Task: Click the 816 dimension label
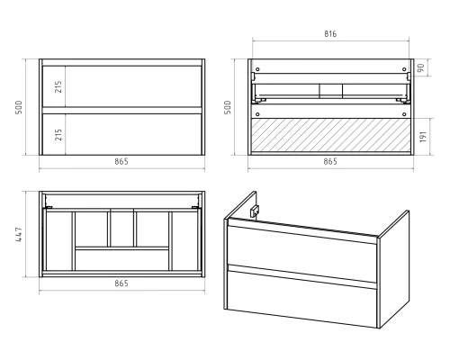[330, 34]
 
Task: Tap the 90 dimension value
[421, 67]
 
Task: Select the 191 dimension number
[423, 137]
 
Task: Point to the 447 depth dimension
[19, 235]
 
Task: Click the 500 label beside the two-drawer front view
[19, 107]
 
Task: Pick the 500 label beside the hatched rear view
[228, 107]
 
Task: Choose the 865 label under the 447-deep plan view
[121, 283]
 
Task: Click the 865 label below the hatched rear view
[330, 161]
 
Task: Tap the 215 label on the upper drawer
[58, 86]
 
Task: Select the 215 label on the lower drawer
[58, 135]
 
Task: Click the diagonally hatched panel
[330, 135]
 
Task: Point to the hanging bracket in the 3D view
[255, 211]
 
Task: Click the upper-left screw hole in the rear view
[257, 69]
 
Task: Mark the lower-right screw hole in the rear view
[404, 114]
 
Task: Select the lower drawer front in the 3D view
[302, 299]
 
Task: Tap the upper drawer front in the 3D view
[302, 254]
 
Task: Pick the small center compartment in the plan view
[121, 229]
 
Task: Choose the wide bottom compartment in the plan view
[121, 260]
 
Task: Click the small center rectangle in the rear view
[331, 90]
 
